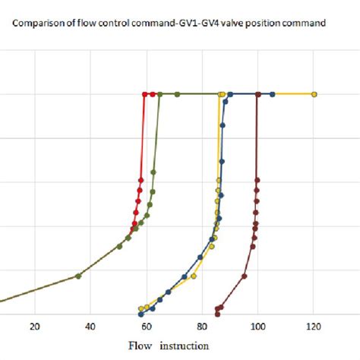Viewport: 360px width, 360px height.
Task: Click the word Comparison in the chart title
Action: coord(38,23)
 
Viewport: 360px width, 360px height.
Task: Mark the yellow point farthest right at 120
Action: coord(314,94)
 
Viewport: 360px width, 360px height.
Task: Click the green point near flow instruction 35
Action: coord(78,276)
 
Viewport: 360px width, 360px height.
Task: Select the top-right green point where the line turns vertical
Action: coord(159,94)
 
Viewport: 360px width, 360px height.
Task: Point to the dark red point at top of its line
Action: coord(258,94)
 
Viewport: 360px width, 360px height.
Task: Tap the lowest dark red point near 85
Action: coord(217,309)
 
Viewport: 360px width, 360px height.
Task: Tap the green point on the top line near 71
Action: coord(178,94)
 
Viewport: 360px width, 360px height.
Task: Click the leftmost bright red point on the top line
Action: coord(144,94)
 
